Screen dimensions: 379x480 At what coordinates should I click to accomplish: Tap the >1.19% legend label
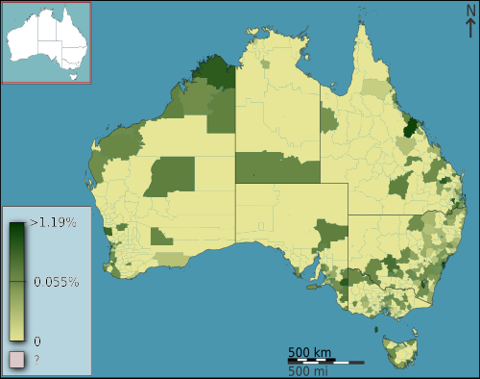[54, 222]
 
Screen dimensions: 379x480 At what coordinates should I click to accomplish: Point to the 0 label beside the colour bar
[36, 341]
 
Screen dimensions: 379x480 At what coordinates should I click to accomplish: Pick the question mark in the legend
[36, 360]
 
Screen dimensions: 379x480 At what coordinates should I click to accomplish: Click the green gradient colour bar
[17, 281]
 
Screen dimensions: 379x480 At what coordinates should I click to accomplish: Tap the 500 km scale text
[310, 351]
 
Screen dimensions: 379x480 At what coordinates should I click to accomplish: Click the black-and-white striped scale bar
[325, 362]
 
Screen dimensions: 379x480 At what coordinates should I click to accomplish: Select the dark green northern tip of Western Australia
[213, 74]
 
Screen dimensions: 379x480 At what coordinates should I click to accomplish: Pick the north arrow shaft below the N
[469, 29]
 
